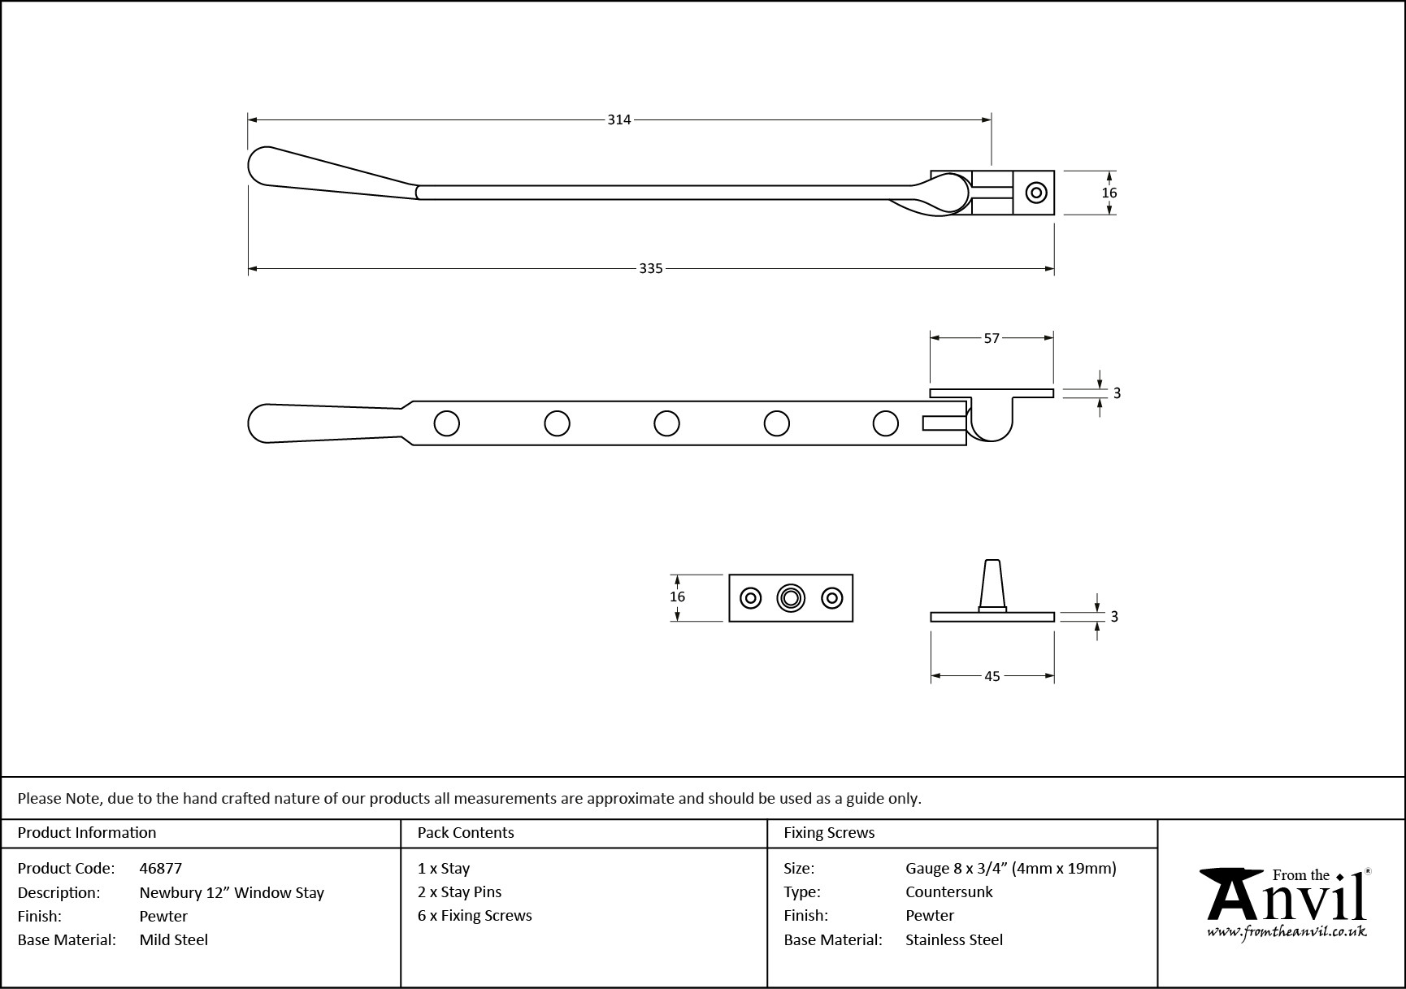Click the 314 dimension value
click(x=618, y=120)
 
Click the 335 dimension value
click(x=650, y=268)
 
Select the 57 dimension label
click(x=992, y=338)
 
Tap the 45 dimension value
click(x=992, y=676)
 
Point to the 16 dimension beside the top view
click(x=1109, y=193)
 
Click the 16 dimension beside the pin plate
click(x=677, y=596)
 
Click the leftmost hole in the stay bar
click(x=447, y=423)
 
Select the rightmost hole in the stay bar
click(x=885, y=423)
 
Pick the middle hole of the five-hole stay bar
click(x=666, y=423)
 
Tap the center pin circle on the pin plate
click(x=790, y=598)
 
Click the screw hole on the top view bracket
click(x=1036, y=193)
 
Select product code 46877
click(x=161, y=869)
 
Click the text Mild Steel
click(x=174, y=940)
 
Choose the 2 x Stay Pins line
click(x=459, y=892)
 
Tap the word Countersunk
click(x=949, y=892)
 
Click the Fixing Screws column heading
click(x=829, y=833)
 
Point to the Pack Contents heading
click(x=466, y=833)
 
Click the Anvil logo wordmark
click(x=1285, y=897)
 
